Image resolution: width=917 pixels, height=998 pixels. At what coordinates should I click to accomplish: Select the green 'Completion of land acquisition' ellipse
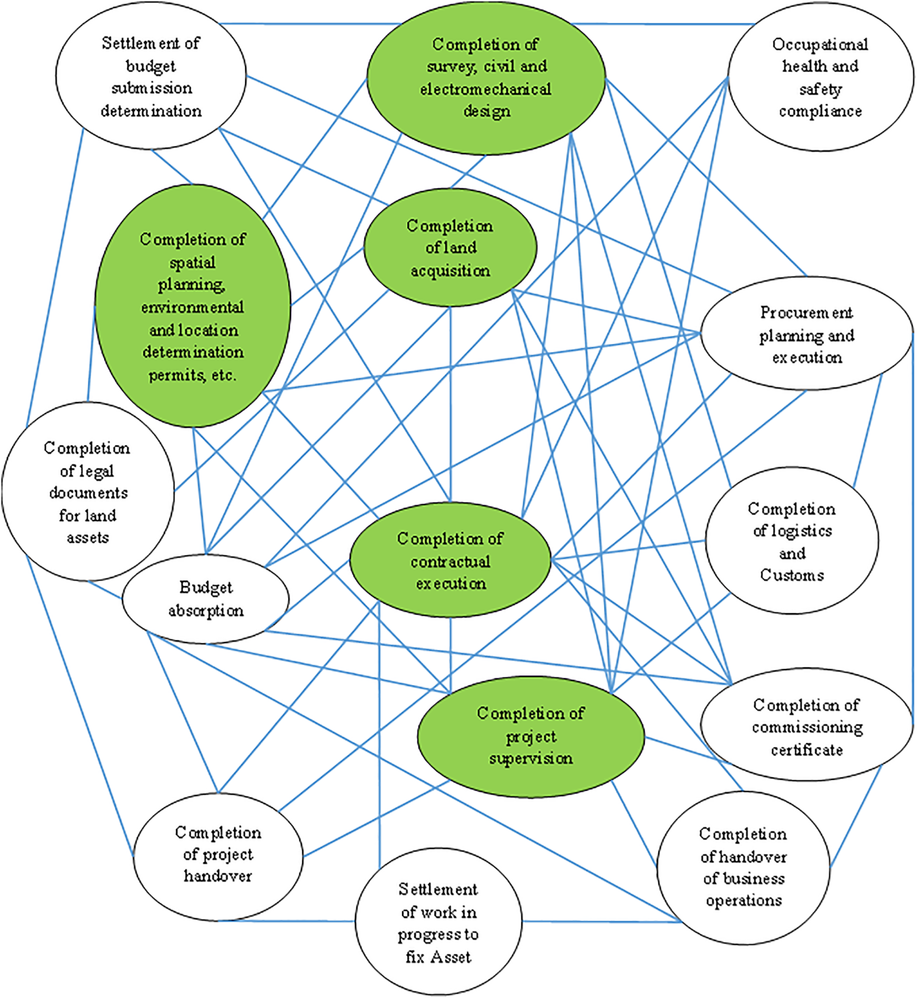pyautogui.click(x=450, y=248)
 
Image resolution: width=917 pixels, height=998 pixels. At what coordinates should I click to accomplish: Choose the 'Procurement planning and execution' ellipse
pyautogui.click(x=806, y=334)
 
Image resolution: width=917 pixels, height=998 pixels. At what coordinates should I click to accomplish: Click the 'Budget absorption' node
pyautogui.click(x=206, y=599)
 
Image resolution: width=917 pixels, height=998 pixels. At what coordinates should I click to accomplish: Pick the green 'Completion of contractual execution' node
pyautogui.click(x=450, y=560)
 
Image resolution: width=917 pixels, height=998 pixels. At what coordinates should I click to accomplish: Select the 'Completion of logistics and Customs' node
pyautogui.click(x=792, y=541)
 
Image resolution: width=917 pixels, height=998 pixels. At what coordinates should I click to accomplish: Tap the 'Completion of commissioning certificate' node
pyautogui.click(x=806, y=727)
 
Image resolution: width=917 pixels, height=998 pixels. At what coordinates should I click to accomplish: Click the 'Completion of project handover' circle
pyautogui.click(x=218, y=854)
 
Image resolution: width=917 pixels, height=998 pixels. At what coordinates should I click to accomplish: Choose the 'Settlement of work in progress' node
pyautogui.click(x=438, y=923)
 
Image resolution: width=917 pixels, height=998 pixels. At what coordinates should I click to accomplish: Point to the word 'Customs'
pyautogui.click(x=792, y=575)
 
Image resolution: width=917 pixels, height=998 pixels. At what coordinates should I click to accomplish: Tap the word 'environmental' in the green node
pyautogui.click(x=193, y=307)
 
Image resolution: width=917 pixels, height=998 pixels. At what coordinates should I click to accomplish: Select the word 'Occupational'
pyautogui.click(x=820, y=45)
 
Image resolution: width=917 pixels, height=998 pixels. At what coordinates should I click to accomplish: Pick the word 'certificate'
pyautogui.click(x=807, y=750)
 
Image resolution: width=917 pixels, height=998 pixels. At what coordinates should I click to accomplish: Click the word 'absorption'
pyautogui.click(x=206, y=610)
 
